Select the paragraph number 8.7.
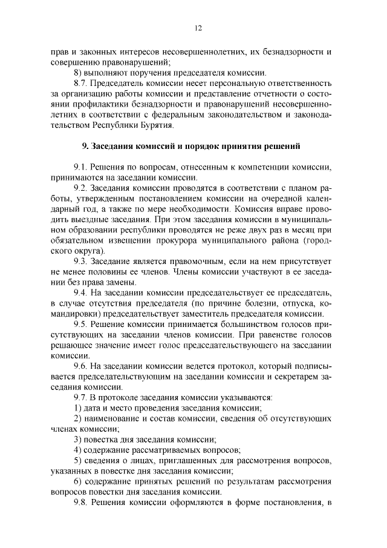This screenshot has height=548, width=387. [81, 83]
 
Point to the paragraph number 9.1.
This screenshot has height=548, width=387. [81, 167]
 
